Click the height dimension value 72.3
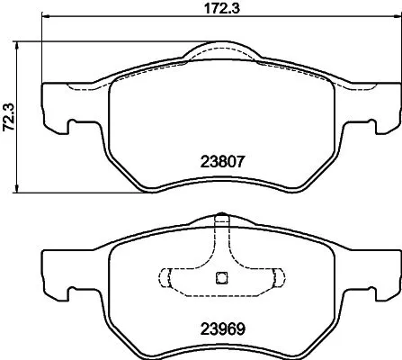point(9,117)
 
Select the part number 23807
point(221,164)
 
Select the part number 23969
point(221,328)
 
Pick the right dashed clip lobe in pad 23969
point(273,277)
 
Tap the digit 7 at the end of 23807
point(241,164)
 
